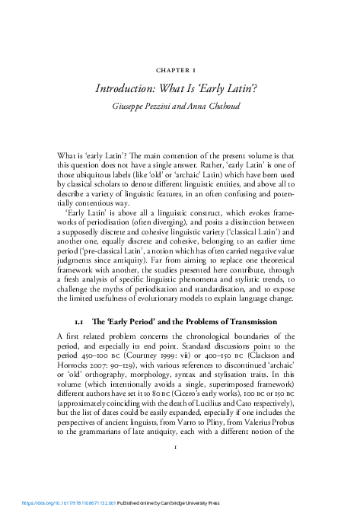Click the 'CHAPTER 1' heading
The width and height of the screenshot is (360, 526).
[180, 69]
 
